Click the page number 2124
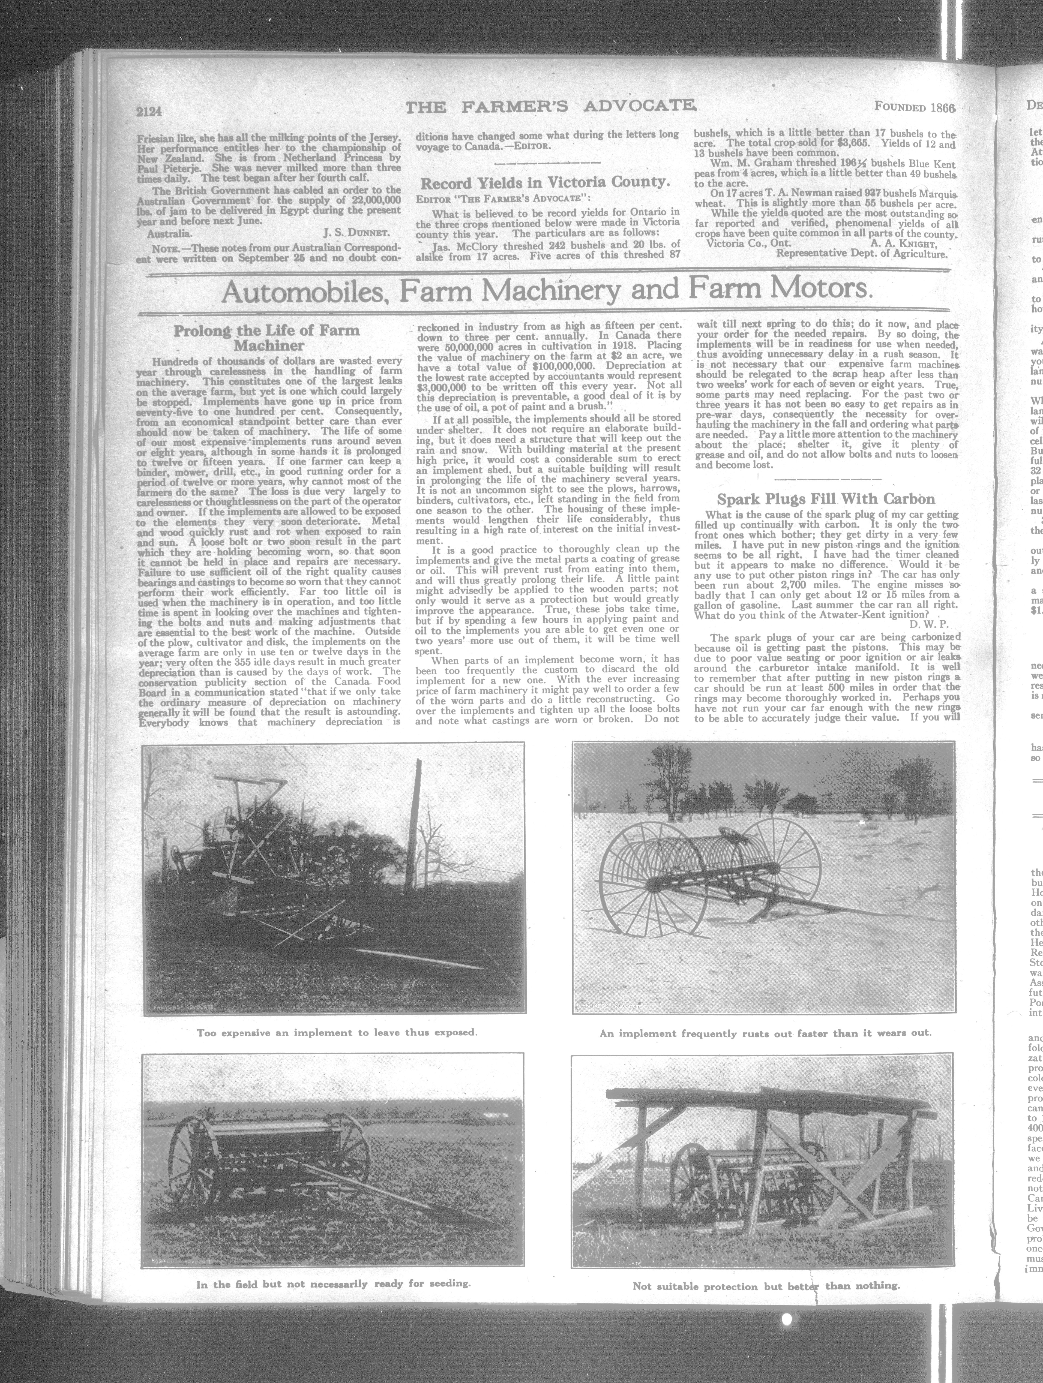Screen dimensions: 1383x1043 149,112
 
